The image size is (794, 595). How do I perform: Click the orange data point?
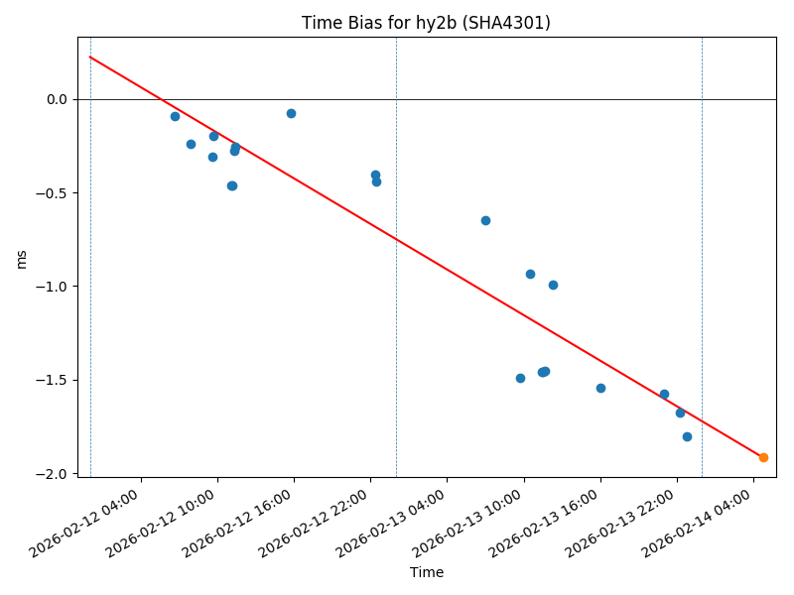[x=763, y=457]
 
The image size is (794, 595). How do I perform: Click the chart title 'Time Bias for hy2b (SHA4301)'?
[x=426, y=23]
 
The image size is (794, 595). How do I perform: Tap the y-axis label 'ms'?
[x=22, y=259]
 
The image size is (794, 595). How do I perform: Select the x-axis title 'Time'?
[x=427, y=572]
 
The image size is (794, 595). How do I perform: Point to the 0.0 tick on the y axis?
[x=56, y=99]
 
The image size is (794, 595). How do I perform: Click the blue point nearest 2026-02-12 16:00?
[x=291, y=113]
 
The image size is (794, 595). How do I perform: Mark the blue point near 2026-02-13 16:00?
[x=600, y=388]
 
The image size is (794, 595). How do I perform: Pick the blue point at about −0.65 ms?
[x=485, y=220]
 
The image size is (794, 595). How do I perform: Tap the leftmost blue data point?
[x=175, y=116]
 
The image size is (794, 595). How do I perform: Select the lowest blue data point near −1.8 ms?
[x=687, y=436]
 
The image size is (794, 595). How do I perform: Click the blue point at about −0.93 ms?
[x=530, y=274]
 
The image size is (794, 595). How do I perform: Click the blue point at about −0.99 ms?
[x=553, y=285]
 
